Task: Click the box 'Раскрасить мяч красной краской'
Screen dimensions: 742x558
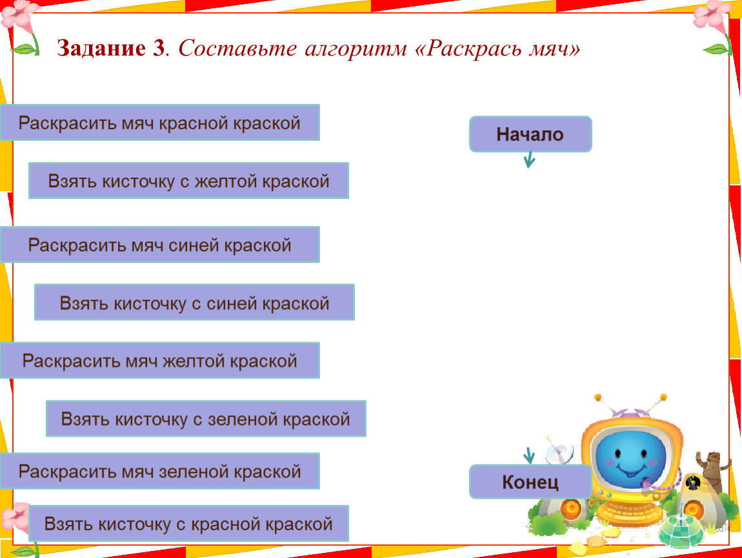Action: [x=160, y=123]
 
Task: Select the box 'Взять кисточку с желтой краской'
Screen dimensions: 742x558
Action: [x=189, y=181]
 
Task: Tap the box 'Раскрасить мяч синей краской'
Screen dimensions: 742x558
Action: [x=160, y=245]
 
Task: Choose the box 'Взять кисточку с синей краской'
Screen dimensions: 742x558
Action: [x=194, y=303]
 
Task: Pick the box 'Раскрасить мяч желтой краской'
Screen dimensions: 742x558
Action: [x=160, y=360]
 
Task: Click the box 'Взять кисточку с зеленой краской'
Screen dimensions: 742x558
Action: [x=206, y=418]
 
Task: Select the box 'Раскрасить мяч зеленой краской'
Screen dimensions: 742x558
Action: [x=160, y=471]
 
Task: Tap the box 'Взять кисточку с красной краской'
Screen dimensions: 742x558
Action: [x=189, y=523]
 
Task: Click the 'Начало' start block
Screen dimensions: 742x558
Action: [x=530, y=134]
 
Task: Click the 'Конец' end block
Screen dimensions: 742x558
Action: [x=530, y=482]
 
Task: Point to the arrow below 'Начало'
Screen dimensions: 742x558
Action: [x=530, y=160]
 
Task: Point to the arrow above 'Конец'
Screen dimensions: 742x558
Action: [x=529, y=456]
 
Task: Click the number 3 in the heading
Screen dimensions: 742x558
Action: [x=158, y=48]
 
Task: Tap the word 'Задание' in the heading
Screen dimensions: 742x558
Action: [x=101, y=48]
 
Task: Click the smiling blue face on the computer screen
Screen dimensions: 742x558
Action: [x=630, y=458]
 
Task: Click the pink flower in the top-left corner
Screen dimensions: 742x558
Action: [x=19, y=15]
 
